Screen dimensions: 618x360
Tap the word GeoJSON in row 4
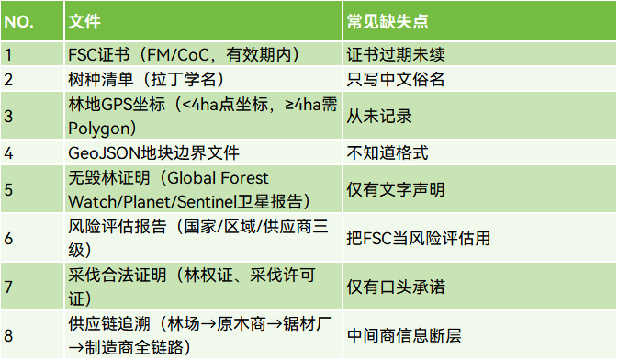tap(105, 153)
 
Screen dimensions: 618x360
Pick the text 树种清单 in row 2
tap(101, 79)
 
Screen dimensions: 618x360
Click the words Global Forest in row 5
tap(218, 178)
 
